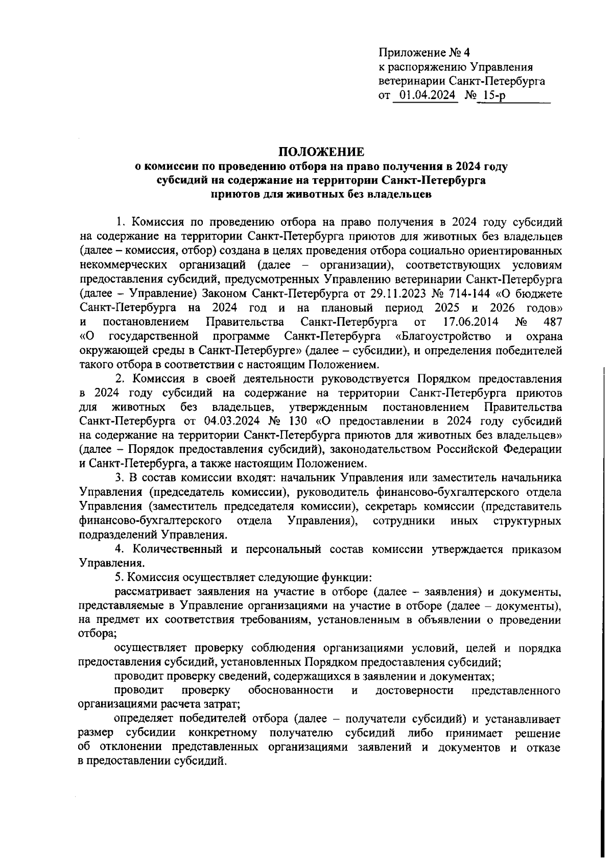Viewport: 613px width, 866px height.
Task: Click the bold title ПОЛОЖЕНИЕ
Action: [x=321, y=152]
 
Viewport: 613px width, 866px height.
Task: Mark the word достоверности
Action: [x=414, y=690]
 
